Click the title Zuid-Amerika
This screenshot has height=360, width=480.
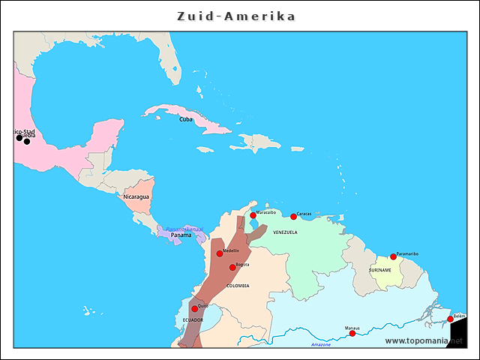236,16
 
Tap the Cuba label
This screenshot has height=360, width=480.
185,119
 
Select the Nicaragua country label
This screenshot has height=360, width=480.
137,196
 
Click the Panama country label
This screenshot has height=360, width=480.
181,235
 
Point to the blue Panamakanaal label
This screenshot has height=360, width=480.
184,228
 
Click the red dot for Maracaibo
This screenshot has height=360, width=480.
253,216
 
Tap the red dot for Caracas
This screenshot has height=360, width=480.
293,217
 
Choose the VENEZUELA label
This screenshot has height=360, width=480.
285,232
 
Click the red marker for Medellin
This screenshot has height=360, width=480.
220,253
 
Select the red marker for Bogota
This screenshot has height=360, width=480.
232,267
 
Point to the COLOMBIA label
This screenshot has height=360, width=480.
238,286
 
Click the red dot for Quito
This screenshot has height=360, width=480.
194,308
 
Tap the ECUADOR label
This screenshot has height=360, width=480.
193,320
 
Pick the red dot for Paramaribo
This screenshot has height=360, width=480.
393,257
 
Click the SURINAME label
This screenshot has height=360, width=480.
380,270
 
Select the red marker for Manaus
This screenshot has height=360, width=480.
352,333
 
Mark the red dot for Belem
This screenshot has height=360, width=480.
451,319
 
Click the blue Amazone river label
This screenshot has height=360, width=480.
320,344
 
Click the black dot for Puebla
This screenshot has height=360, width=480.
27,141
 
